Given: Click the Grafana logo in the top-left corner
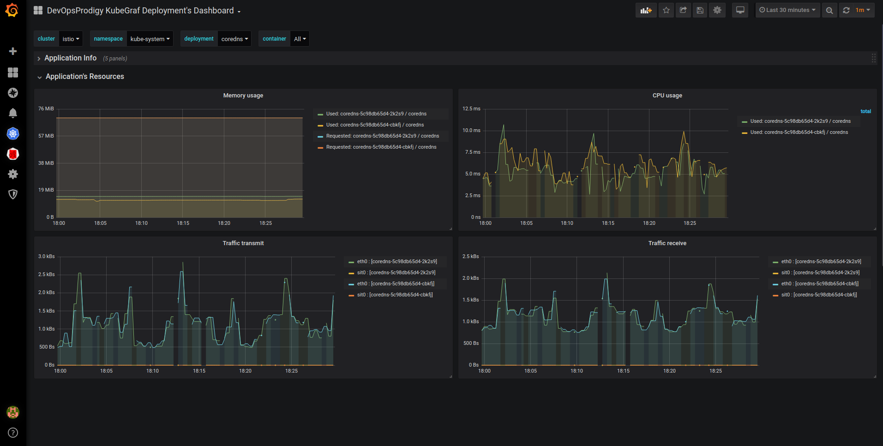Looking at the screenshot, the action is click(12, 10).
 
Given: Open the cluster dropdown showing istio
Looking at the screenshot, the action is click(71, 39).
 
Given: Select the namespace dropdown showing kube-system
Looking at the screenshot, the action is click(150, 39).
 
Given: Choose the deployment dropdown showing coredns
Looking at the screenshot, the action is click(234, 39).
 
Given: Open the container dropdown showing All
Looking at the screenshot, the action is click(300, 39).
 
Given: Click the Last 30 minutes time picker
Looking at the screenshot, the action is click(787, 10).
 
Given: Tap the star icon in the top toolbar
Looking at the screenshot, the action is click(666, 10).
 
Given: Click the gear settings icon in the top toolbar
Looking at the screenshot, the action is click(717, 10).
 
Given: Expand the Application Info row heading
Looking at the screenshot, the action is click(70, 58).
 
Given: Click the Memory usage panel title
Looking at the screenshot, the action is click(243, 96).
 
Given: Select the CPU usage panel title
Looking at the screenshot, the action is click(667, 96).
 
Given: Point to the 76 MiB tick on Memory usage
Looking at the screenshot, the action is click(46, 109).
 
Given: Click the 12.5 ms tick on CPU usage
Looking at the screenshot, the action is click(471, 109).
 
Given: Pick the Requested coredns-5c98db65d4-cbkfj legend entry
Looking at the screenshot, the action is click(381, 147).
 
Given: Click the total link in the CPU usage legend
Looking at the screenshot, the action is click(865, 111).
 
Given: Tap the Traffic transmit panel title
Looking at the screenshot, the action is click(243, 243).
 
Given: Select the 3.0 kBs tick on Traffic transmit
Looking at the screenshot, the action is click(46, 257).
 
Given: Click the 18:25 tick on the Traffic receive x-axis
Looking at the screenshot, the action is click(715, 371).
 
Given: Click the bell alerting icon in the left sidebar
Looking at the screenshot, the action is click(13, 113).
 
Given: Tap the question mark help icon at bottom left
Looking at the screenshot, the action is click(13, 433).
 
